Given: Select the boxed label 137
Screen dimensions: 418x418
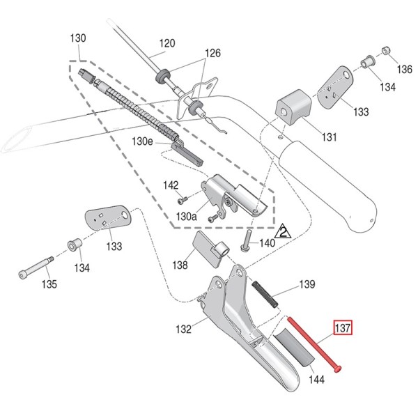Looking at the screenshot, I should click(x=343, y=327).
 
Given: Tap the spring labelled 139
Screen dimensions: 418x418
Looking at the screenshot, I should click(x=264, y=293).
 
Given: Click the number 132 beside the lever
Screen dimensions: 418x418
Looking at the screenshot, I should click(x=183, y=330).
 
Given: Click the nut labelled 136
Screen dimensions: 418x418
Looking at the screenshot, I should click(x=385, y=52).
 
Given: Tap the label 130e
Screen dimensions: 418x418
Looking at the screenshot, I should click(x=142, y=141).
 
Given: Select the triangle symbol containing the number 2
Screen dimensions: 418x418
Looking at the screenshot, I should click(x=284, y=231).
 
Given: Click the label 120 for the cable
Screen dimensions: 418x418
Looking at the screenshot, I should click(x=167, y=44).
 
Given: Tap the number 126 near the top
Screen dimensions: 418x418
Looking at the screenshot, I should click(x=212, y=54).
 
